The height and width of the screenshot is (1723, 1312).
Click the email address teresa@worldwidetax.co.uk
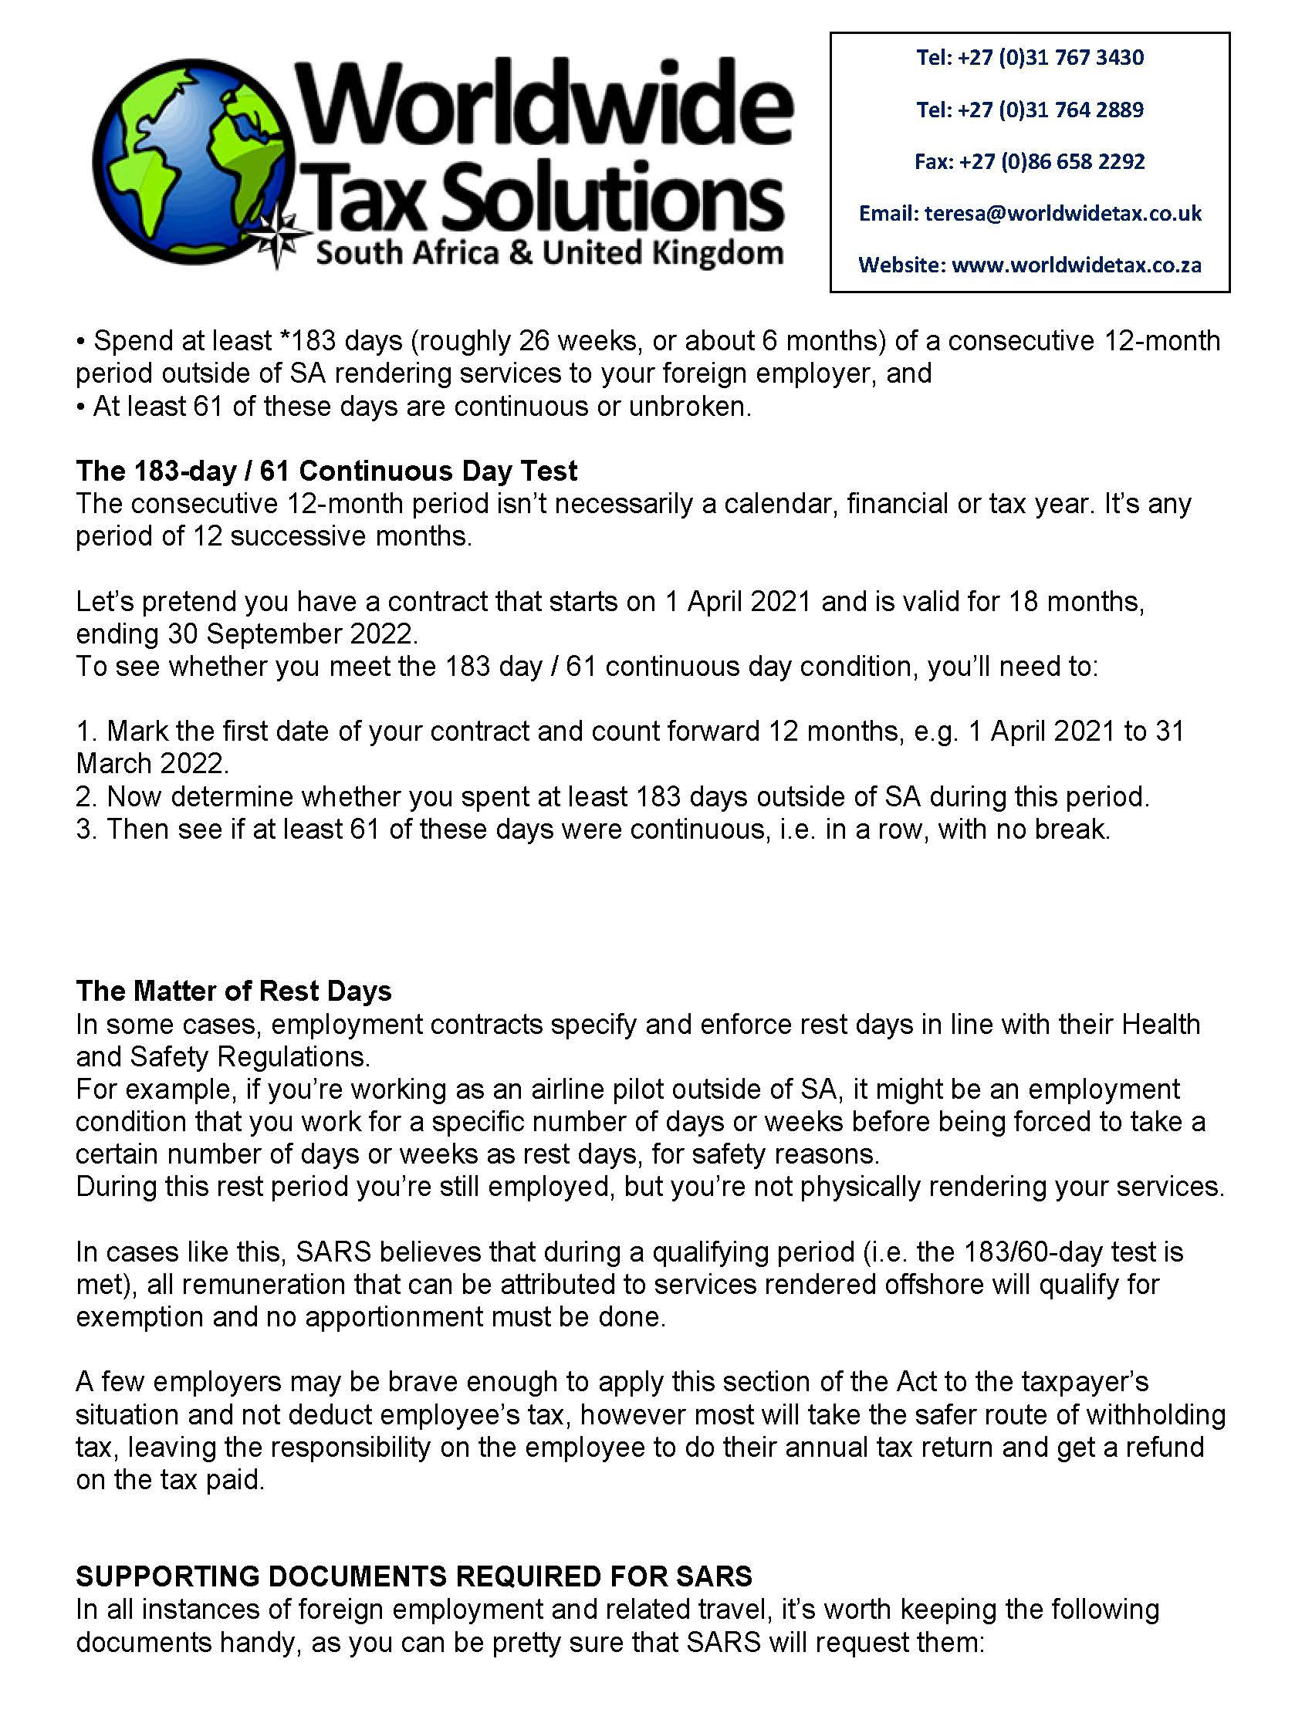pos(1063,213)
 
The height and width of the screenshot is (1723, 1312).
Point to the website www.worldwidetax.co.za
pos(1076,265)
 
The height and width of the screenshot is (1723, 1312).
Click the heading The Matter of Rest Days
pos(234,991)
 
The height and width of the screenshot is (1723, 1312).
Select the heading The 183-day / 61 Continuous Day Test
pos(326,471)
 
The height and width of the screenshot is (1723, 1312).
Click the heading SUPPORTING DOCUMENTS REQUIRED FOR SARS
pos(414,1576)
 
